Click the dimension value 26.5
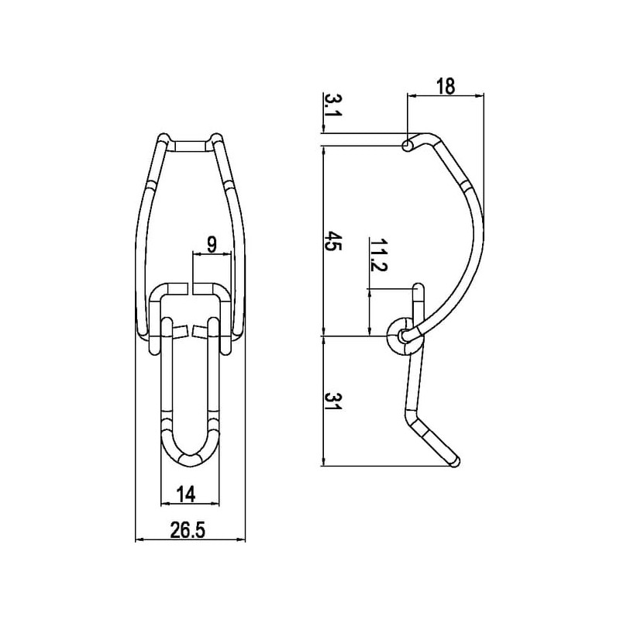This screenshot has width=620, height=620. [188, 530]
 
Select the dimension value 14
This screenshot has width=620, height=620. [185, 494]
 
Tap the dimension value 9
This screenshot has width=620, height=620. [212, 246]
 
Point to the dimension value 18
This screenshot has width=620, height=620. [446, 86]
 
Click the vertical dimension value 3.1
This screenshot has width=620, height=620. [333, 105]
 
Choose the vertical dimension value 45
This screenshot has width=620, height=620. [333, 241]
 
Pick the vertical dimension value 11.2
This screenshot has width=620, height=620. [378, 255]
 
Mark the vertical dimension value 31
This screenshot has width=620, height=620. [333, 401]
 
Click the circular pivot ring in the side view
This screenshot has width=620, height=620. [404, 336]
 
